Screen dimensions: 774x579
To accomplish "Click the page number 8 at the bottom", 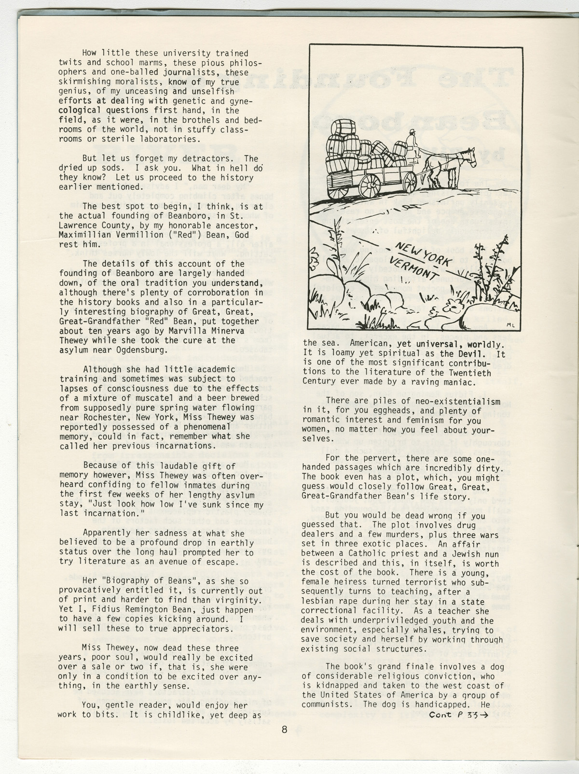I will pyautogui.click(x=285, y=730).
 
